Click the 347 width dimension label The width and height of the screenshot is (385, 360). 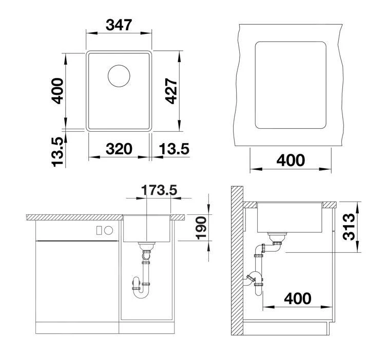[119, 24]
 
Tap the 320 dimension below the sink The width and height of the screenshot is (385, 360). [119, 149]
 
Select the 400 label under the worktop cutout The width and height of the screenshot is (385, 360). [291, 161]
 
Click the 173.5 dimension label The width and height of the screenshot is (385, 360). [159, 190]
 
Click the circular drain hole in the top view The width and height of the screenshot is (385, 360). [120, 76]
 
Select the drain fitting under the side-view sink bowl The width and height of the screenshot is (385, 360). [277, 236]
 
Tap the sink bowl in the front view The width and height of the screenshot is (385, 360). [147, 228]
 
